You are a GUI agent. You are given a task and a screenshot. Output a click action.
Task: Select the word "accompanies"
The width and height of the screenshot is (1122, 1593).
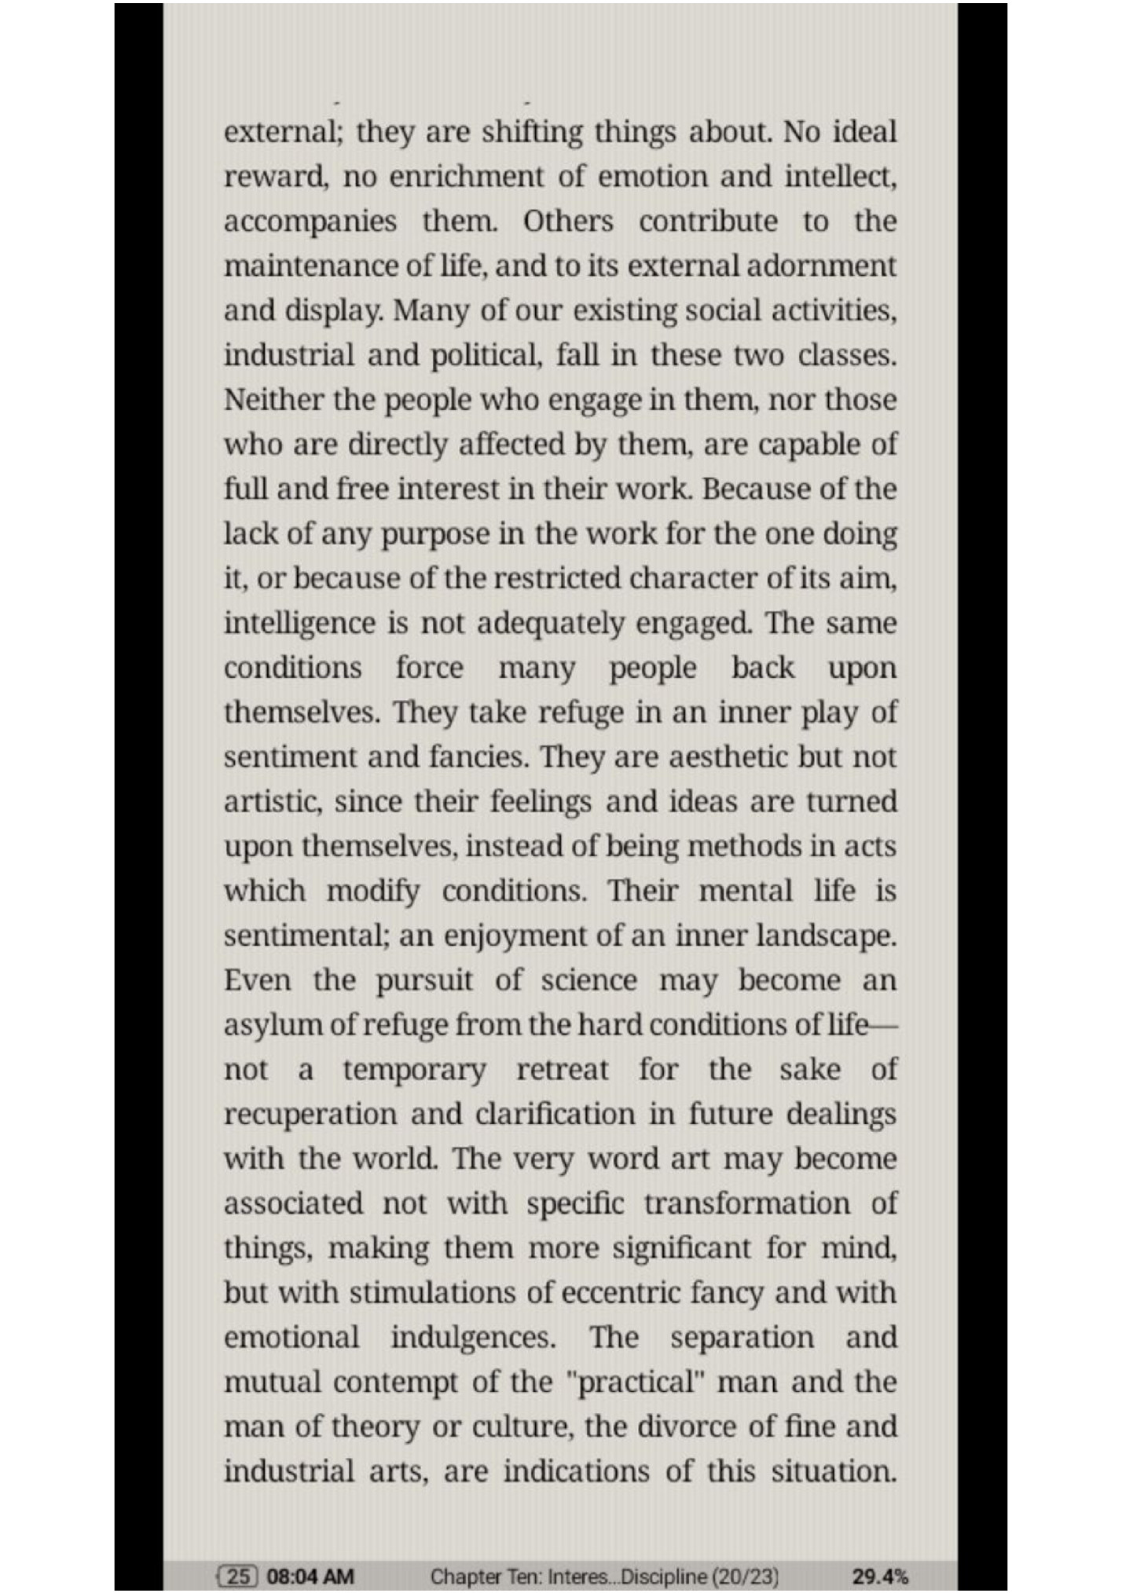(310, 221)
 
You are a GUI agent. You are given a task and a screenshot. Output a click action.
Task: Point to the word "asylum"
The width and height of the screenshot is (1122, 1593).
(262, 1026)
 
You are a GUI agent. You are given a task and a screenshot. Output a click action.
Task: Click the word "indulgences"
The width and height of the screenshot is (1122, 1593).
(473, 1338)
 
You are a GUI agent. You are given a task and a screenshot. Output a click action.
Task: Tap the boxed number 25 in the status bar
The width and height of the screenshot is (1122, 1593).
(238, 1576)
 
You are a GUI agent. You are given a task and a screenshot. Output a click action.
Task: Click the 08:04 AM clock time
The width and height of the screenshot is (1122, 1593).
(310, 1576)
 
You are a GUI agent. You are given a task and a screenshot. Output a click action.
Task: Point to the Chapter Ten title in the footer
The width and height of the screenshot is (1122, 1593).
(604, 1576)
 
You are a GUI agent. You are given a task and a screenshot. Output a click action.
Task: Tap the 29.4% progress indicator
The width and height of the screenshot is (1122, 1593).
(880, 1576)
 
